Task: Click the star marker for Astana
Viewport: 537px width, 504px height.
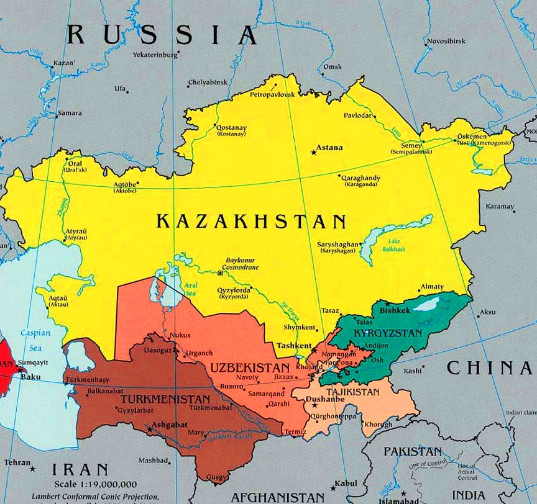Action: click(x=313, y=152)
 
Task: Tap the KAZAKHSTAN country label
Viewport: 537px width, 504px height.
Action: click(x=251, y=222)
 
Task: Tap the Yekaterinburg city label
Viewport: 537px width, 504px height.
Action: click(x=155, y=55)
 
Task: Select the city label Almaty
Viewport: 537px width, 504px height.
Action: click(x=432, y=287)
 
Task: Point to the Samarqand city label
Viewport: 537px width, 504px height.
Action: click(x=266, y=393)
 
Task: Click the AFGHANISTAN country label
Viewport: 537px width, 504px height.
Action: click(x=277, y=497)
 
